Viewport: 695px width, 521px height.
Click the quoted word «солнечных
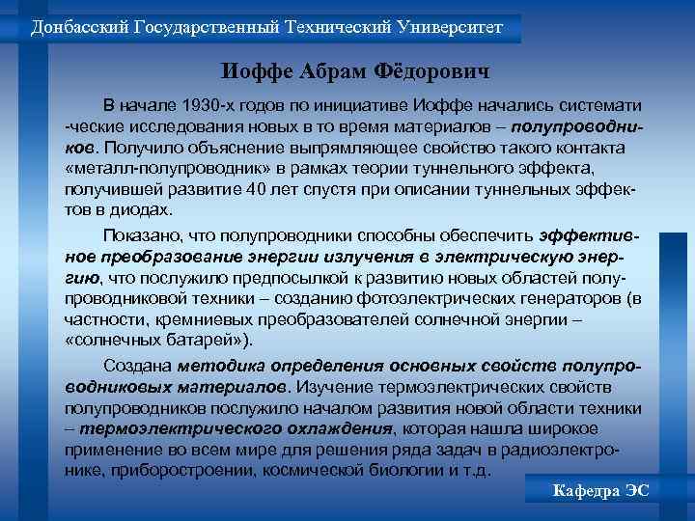pos(110,341)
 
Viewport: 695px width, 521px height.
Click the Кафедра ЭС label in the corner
pos(600,491)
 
